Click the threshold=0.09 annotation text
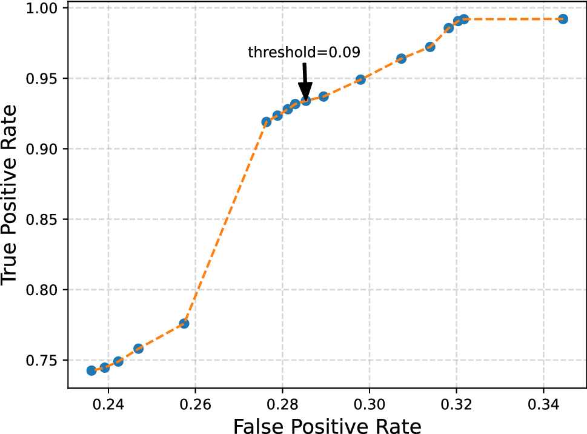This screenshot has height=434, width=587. pos(304,53)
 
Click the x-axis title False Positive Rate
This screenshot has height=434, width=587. pos(327,426)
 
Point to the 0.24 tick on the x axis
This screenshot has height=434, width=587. pos(108,403)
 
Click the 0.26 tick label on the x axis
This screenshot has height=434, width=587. pos(196,403)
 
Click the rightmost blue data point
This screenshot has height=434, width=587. pos(563,19)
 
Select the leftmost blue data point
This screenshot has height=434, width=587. pos(91,370)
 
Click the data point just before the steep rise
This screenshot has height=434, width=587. pos(184,324)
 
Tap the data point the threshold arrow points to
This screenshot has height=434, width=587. pos(306,101)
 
